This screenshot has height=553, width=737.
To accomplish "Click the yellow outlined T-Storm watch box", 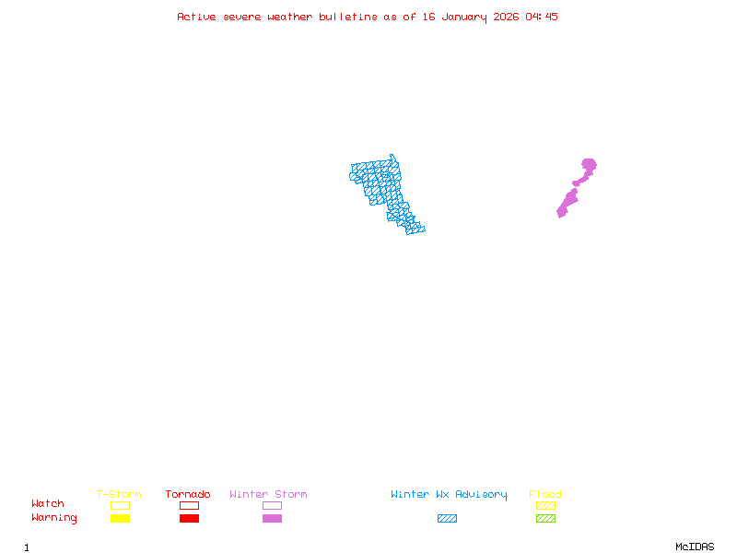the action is pos(120,505).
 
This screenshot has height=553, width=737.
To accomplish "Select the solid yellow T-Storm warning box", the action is pos(120,519).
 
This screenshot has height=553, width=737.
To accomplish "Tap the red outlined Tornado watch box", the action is pos(189,505).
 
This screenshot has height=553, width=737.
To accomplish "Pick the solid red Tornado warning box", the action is pos(189,519).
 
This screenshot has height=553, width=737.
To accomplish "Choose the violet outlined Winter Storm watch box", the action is pos(272,505).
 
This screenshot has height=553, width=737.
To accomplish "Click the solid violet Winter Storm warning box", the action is pos(272,519).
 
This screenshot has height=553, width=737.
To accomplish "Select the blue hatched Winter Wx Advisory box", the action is pos(447,519).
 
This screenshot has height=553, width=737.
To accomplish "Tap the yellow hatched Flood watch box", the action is pos(545,505).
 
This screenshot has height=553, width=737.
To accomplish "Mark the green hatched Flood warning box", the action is pos(545,519).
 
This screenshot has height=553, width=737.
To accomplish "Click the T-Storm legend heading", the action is pos(119,495).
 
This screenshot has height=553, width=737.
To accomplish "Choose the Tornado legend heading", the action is pos(188,495).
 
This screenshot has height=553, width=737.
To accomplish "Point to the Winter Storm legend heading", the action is pos(268,495).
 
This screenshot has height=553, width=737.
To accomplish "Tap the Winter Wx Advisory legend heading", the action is pos(449,495).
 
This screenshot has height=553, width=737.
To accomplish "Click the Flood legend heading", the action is pos(545,495).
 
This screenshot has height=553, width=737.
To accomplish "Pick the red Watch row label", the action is pos(48,504).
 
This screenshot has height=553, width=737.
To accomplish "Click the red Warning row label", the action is pos(54,518).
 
